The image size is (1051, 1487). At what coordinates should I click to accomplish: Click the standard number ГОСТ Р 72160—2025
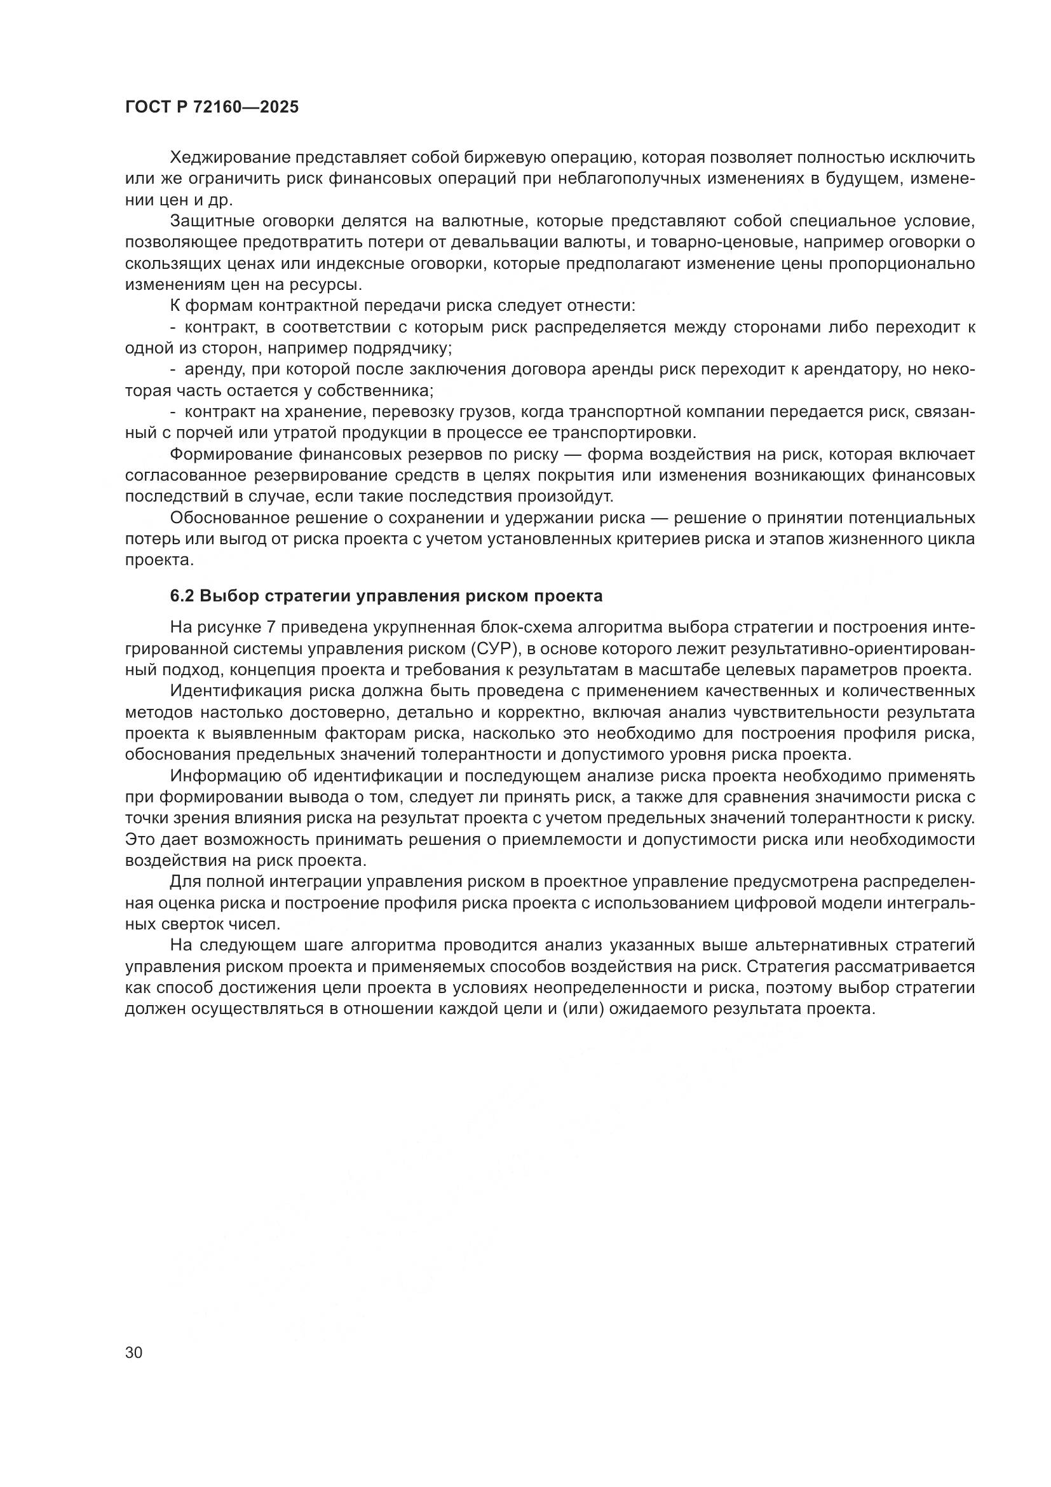point(212,107)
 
